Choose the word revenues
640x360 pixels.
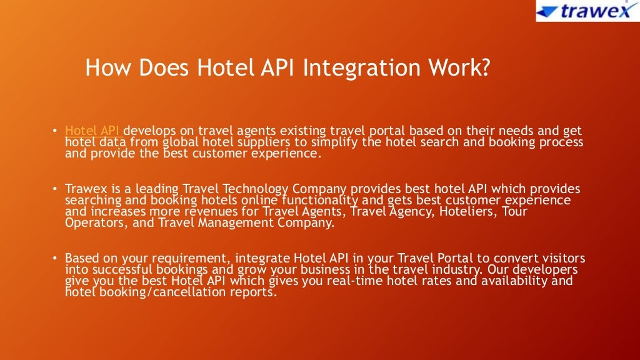pyautogui.click(x=201, y=211)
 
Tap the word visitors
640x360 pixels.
pyautogui.click(x=562, y=257)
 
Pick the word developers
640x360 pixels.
pyautogui.click(x=542, y=269)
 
